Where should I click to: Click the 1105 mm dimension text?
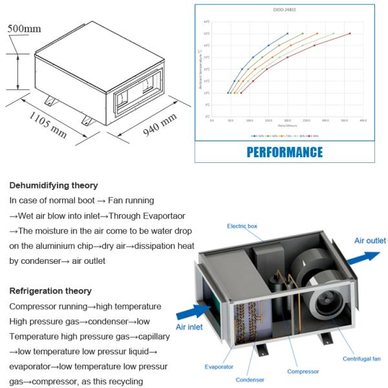click(x=47, y=124)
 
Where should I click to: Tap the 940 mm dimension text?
click(x=159, y=124)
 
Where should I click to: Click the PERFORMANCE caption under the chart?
click(x=285, y=152)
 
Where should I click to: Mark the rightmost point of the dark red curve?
click(x=350, y=34)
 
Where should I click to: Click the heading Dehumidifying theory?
click(x=54, y=186)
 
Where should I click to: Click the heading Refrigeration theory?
click(x=50, y=291)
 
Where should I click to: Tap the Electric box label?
click(x=242, y=226)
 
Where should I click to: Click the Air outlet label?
click(x=370, y=241)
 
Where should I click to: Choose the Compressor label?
click(x=302, y=372)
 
